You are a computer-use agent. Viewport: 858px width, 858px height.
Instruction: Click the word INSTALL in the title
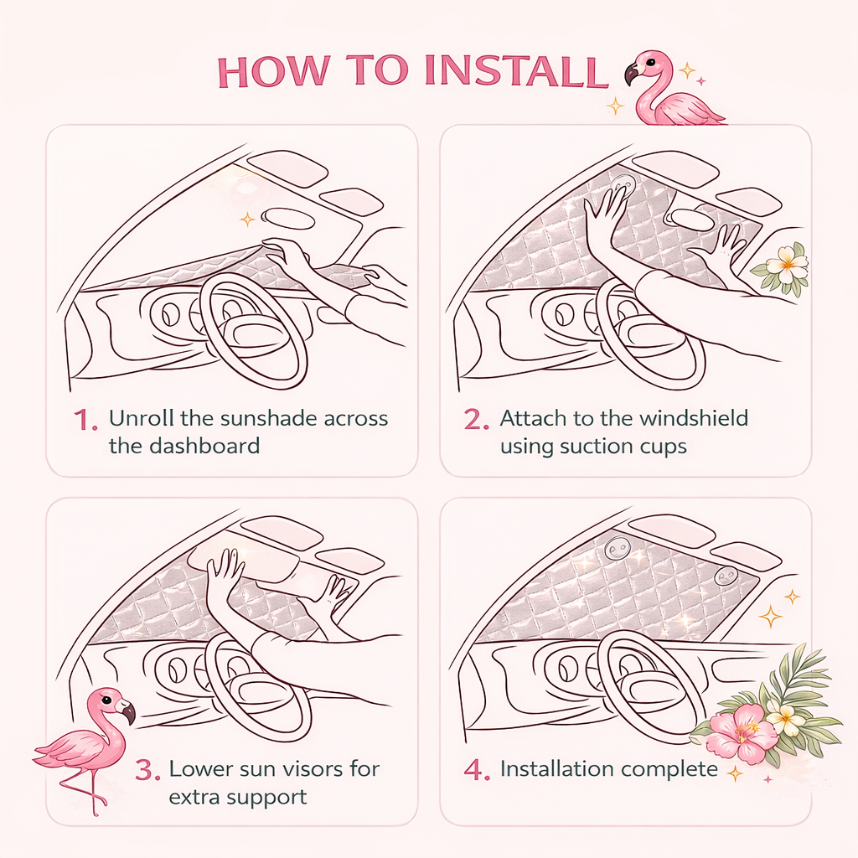click(516, 70)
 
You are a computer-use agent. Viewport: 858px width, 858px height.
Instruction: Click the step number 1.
click(86, 421)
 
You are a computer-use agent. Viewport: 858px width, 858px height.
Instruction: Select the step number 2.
click(476, 419)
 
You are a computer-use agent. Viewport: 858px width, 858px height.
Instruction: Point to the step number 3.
click(147, 769)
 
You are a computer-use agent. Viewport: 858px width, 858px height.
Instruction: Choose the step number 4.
click(477, 769)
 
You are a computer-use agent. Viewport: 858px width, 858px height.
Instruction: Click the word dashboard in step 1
click(204, 446)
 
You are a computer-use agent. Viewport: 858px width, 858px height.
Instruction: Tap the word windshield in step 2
click(693, 418)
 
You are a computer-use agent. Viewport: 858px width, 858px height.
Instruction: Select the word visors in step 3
click(308, 769)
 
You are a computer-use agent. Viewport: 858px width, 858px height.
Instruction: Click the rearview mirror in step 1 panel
click(288, 219)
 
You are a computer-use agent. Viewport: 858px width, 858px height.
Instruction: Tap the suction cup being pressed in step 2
click(623, 183)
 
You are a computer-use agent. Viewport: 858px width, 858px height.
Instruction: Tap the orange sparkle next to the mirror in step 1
click(247, 220)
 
